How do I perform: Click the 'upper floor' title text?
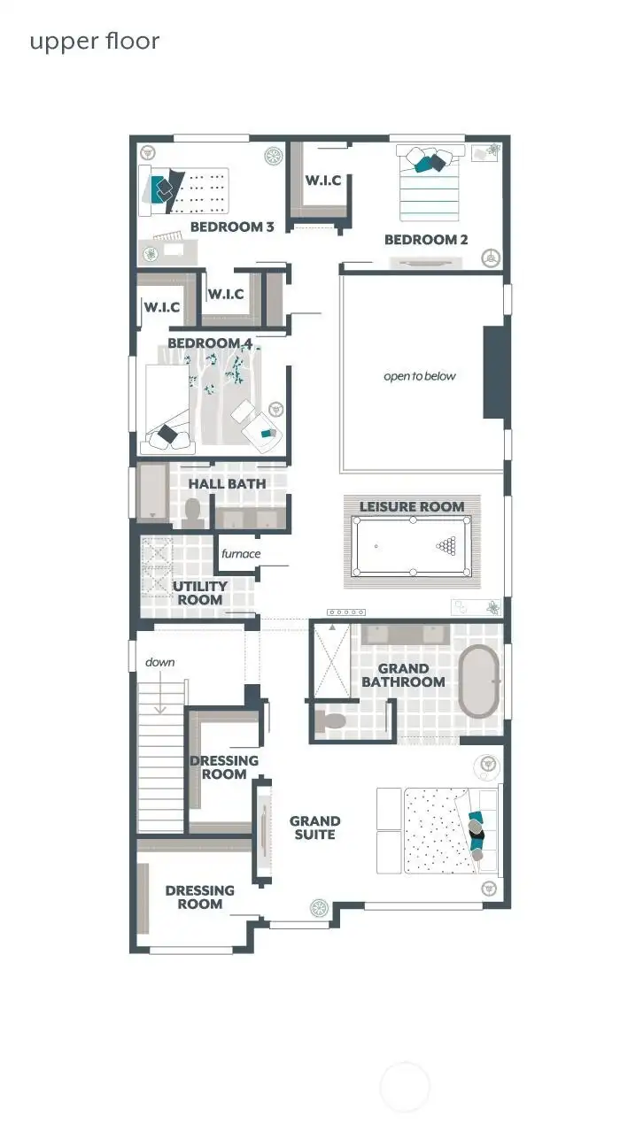click(x=95, y=42)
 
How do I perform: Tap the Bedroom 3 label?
click(x=232, y=227)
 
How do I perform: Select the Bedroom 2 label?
click(x=426, y=240)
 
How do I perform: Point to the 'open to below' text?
click(x=420, y=376)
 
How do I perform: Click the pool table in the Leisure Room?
click(x=413, y=547)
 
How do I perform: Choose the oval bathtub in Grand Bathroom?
click(x=479, y=681)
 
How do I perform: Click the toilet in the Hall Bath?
click(x=192, y=512)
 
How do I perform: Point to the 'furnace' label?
click(x=241, y=554)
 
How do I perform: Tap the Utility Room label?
click(x=200, y=593)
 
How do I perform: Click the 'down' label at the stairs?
click(x=160, y=662)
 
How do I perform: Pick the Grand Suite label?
click(x=314, y=828)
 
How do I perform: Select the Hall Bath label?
click(x=228, y=484)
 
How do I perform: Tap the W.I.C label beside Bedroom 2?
click(x=323, y=181)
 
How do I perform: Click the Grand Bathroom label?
click(x=403, y=675)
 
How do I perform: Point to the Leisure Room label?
click(x=412, y=506)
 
